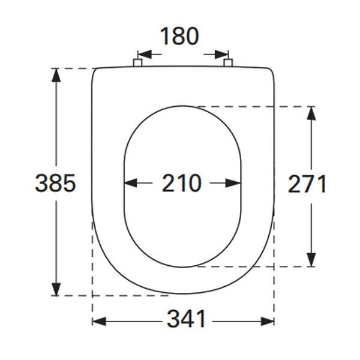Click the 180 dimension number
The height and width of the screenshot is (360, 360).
point(179,37)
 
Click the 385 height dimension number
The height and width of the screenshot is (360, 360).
point(55,183)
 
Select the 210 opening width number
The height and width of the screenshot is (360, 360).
point(182,183)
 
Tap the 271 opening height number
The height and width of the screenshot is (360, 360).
point(307,184)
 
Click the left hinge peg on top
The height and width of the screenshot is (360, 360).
point(137,62)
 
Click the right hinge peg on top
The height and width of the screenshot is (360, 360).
point(227,62)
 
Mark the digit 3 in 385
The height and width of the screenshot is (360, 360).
point(42,183)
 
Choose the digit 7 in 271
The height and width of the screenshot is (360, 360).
point(307,184)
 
